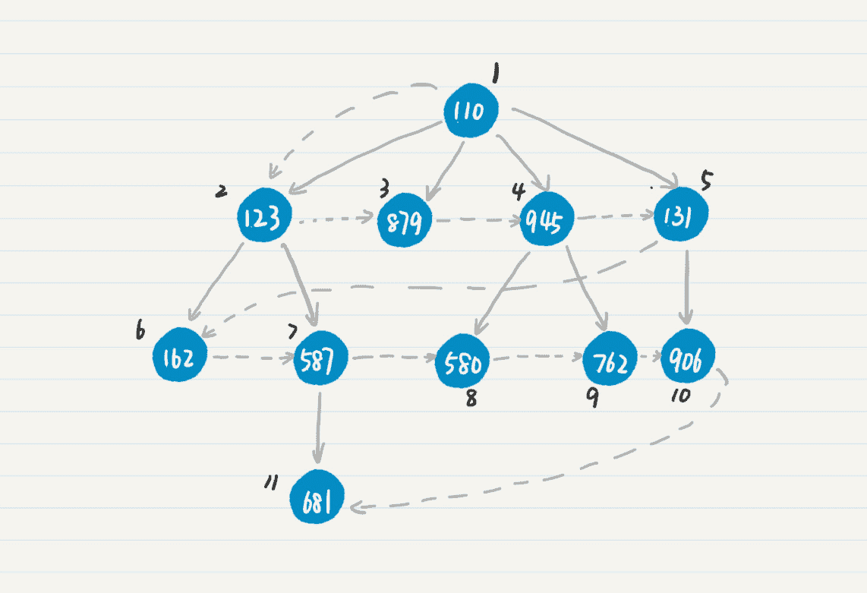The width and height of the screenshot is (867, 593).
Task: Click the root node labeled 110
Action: tap(471, 112)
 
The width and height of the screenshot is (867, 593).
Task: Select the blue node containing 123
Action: tap(263, 216)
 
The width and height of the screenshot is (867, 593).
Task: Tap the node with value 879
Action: tap(405, 221)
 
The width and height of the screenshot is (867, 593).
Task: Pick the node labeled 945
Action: tap(547, 221)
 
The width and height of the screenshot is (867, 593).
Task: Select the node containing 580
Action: tap(462, 364)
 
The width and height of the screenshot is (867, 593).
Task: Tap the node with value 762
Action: tap(610, 363)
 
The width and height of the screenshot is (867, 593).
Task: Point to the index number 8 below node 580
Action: tap(471, 399)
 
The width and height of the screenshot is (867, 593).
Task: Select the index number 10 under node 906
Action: tap(680, 396)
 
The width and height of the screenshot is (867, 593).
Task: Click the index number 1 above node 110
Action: tap(495, 75)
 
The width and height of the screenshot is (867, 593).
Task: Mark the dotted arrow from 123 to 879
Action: tap(336, 222)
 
